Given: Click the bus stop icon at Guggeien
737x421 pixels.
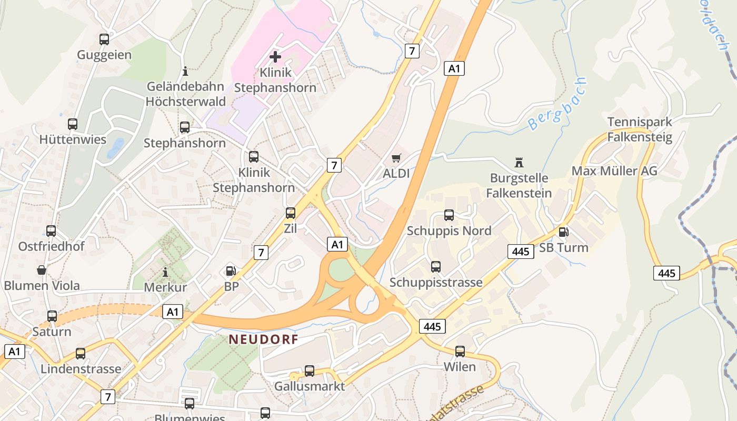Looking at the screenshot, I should tap(104, 39).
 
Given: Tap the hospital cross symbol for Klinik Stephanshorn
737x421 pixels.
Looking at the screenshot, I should tap(275, 57).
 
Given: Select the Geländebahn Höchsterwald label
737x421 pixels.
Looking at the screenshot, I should tap(185, 94).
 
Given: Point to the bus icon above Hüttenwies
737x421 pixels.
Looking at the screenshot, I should tap(73, 124).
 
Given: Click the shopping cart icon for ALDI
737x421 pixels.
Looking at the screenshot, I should tap(396, 158).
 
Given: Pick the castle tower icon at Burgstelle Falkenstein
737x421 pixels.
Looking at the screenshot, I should tap(519, 163).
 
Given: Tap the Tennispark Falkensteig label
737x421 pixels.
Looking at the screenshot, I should tap(640, 129).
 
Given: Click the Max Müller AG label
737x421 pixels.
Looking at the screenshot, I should tap(614, 171).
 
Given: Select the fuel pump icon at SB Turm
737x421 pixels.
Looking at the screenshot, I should tap(563, 232).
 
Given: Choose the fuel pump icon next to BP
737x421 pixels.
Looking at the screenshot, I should tap(231, 271).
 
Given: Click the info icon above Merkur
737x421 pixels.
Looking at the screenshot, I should tap(165, 272).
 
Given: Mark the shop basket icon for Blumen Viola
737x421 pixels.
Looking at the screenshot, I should tap(42, 270).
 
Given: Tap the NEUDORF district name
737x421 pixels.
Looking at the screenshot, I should tap(263, 339).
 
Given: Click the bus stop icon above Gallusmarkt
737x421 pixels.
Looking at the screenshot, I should tap(310, 370).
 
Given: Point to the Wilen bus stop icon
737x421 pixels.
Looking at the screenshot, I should tap(460, 351).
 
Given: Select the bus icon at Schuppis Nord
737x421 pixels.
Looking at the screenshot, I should tap(449, 215).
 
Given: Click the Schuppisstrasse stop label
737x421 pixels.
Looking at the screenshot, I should tap(436, 283).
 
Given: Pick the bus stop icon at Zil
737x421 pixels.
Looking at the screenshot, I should tap(291, 213).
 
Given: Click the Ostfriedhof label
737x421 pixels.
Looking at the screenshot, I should tap(51, 246).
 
